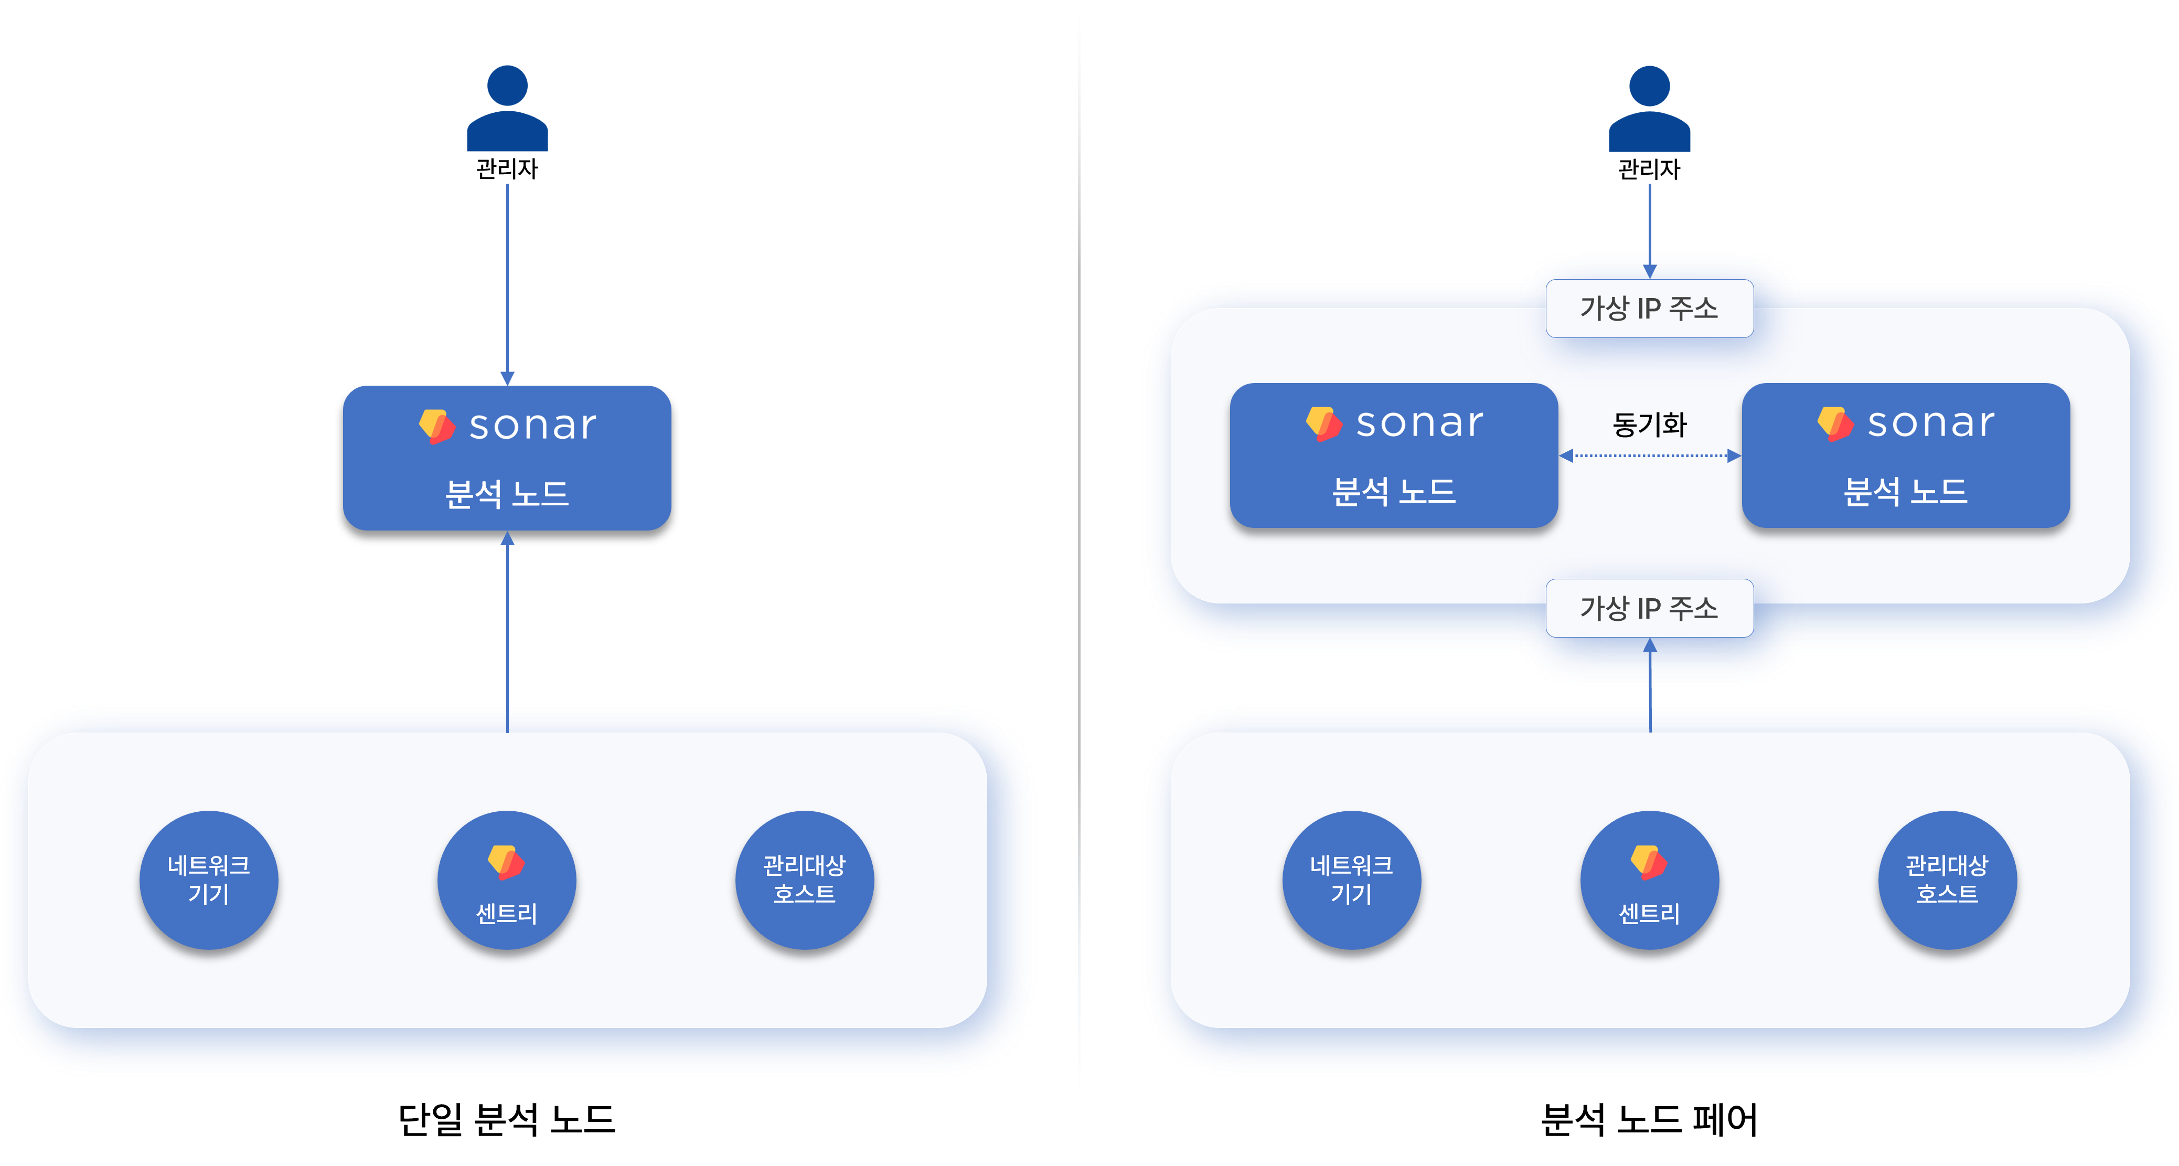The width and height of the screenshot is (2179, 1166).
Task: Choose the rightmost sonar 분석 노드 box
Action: pos(1905,455)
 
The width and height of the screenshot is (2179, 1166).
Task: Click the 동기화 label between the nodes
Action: pos(1650,424)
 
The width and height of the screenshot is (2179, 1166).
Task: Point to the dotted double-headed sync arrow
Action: pos(1650,456)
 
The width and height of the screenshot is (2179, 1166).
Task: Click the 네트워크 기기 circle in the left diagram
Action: pos(209,880)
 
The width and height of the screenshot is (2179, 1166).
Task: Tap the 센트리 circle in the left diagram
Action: pos(507,880)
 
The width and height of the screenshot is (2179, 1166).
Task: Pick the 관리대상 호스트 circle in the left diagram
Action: pos(805,880)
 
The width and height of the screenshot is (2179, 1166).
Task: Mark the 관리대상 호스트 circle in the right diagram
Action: pos(1947,880)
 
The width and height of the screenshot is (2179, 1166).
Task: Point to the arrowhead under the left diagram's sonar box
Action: pos(508,538)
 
